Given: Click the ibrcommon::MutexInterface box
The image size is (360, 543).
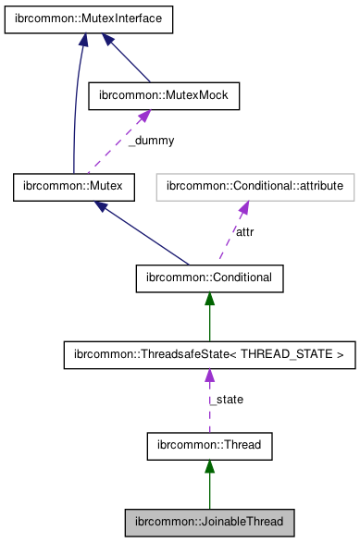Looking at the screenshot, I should (x=90, y=19).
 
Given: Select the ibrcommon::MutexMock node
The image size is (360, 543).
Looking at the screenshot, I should (x=163, y=94).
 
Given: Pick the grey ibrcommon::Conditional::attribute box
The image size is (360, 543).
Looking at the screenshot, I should (x=255, y=187).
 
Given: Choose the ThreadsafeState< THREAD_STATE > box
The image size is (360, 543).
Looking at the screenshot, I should (x=209, y=354).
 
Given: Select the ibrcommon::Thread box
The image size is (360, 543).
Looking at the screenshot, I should (x=209, y=445).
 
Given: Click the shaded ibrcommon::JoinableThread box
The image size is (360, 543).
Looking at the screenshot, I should (x=209, y=521).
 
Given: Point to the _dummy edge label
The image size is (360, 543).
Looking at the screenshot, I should (x=151, y=141).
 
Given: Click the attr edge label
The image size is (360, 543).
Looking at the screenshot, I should (x=244, y=231).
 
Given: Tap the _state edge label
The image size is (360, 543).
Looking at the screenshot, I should (x=226, y=400).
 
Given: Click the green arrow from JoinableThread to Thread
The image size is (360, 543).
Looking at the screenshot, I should (x=209, y=486).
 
